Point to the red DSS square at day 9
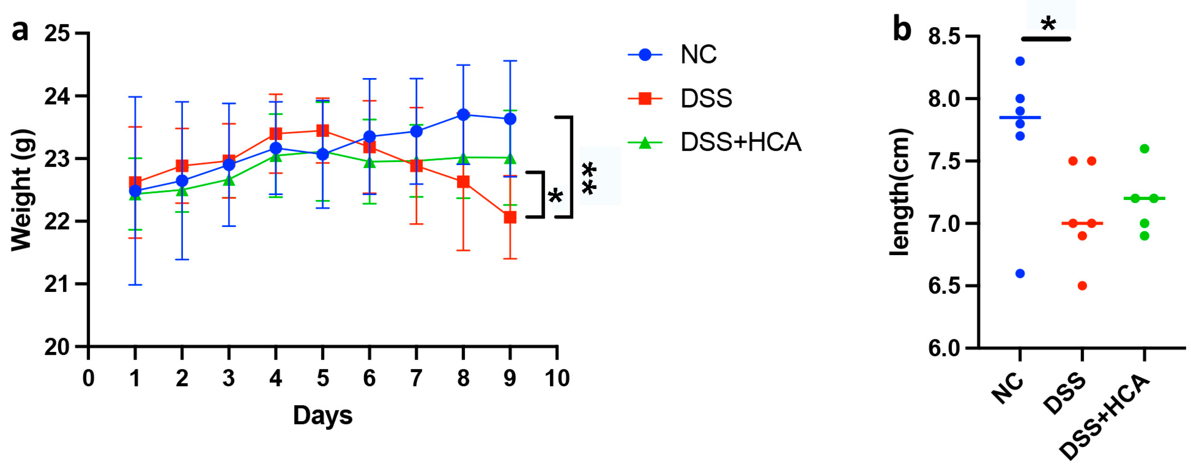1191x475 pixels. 510,217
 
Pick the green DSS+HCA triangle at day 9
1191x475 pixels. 510,159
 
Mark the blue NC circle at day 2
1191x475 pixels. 182,180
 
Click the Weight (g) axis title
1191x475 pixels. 22,190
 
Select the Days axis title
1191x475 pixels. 323,415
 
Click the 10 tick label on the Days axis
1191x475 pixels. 557,378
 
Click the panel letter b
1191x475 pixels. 902,29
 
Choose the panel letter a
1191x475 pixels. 20,30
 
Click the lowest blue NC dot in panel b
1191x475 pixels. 1020,274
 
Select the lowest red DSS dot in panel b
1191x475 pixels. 1082,286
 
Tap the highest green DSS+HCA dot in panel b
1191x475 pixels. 1145,149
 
